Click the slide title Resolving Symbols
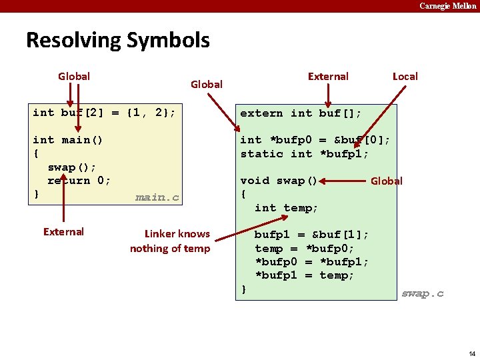point(117,41)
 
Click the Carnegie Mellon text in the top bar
point(447,6)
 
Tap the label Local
point(405,76)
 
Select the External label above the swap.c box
point(327,76)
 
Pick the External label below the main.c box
point(63,232)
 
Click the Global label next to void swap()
point(386,181)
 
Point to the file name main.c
point(157,197)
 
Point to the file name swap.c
point(422,293)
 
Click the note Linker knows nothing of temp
point(169,241)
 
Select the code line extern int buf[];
point(301,113)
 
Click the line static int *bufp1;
point(305,154)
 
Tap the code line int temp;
point(287,208)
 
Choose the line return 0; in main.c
point(79,181)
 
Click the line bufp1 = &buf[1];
point(311,235)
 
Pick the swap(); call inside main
point(72,167)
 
